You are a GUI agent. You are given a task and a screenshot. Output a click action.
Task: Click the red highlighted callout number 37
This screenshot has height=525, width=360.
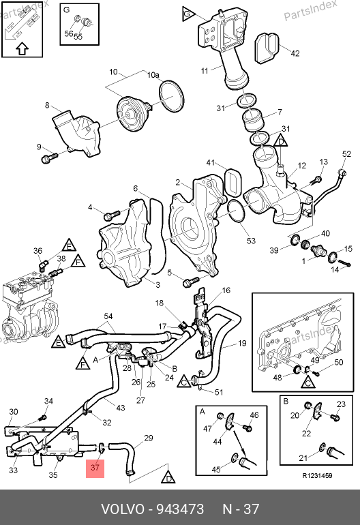[x=95, y=467]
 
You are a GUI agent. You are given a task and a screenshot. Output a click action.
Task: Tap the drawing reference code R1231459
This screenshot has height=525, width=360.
[x=317, y=476]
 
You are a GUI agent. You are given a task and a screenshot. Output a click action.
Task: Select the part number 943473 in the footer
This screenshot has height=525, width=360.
[x=180, y=509]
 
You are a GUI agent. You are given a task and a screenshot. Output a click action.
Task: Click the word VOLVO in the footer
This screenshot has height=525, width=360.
[x=123, y=509]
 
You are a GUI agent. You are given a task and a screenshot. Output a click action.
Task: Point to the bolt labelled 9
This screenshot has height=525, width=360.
[x=49, y=157]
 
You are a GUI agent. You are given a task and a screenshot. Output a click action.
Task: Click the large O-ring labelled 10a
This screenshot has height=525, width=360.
[x=171, y=95]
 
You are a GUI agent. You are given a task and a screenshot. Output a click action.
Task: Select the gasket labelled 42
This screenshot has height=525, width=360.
[x=267, y=48]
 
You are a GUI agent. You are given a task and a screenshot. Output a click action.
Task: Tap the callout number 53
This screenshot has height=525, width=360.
[x=251, y=241]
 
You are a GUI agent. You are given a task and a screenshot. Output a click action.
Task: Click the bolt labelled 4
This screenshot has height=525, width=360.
[x=112, y=215]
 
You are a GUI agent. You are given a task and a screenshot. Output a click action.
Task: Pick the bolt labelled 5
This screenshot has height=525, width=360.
[x=191, y=282]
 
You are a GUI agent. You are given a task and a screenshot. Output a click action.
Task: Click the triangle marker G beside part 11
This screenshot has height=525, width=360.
[x=187, y=14]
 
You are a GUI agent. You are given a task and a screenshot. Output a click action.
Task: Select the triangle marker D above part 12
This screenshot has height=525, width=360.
[x=281, y=141]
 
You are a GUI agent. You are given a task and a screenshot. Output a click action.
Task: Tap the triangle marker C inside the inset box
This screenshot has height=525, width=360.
[x=308, y=382]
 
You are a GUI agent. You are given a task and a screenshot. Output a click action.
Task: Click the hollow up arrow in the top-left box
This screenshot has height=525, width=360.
[x=22, y=49]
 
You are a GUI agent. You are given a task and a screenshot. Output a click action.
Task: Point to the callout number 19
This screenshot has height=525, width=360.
[x=242, y=343]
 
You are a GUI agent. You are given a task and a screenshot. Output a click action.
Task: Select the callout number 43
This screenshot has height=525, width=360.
[x=120, y=408]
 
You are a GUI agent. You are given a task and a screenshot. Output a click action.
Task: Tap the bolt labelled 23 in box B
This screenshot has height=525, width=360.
[x=335, y=417]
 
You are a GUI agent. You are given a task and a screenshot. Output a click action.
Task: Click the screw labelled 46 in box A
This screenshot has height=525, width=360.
[x=247, y=427]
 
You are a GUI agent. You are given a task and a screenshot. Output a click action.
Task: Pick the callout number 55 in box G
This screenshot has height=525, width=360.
[x=78, y=37]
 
